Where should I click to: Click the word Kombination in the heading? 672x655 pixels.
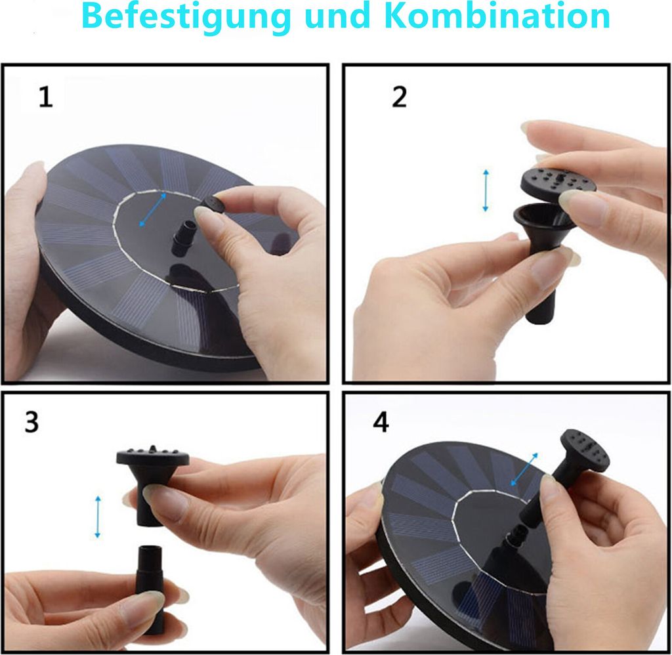(x=499, y=16)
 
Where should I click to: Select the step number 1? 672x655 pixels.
(x=45, y=96)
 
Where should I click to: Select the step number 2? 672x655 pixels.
(x=400, y=97)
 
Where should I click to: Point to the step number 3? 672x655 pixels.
(x=31, y=422)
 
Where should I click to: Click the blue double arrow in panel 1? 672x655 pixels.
(x=153, y=209)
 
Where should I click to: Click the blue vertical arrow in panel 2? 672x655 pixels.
(x=486, y=190)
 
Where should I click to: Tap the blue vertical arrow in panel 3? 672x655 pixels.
(x=98, y=517)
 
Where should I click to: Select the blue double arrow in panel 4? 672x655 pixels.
(x=524, y=469)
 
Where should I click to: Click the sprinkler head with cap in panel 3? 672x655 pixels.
(x=152, y=484)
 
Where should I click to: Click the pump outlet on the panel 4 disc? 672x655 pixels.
(x=514, y=539)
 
